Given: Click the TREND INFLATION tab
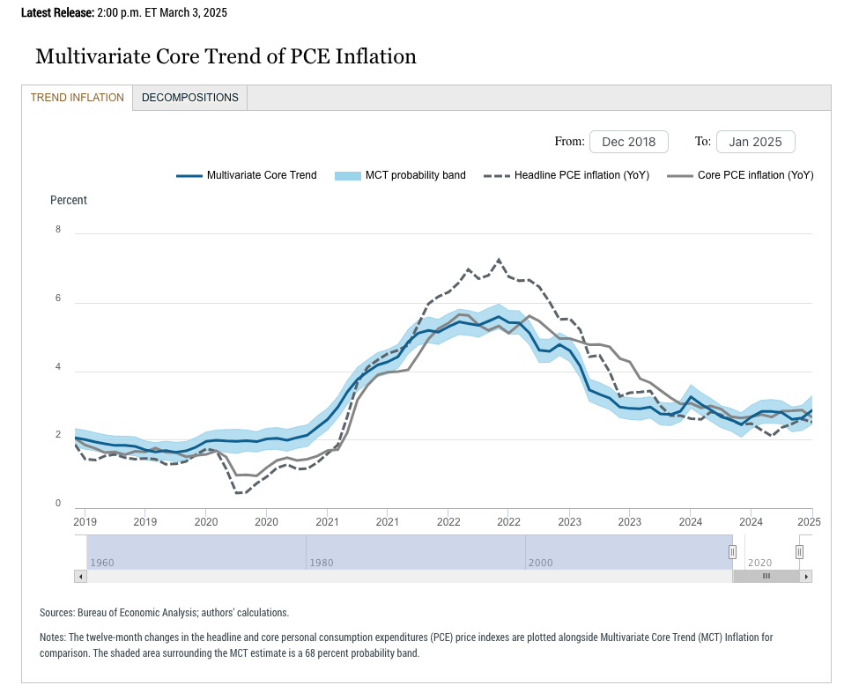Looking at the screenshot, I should (x=78, y=98).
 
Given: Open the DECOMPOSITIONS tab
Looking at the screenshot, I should (x=189, y=98).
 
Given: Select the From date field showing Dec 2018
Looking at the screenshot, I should (x=628, y=142).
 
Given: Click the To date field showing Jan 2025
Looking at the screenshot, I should (x=755, y=142).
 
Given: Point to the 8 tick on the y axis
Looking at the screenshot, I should (x=58, y=230).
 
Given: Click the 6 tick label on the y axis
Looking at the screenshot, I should (x=58, y=298).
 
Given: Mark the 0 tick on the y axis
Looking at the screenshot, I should (x=58, y=504).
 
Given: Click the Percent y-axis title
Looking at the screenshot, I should (x=69, y=201).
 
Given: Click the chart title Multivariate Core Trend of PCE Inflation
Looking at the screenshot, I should (x=226, y=56).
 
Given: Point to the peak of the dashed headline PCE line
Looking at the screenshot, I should (x=500, y=260).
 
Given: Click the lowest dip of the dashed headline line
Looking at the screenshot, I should (x=238, y=492).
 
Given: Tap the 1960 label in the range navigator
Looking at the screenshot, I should (x=102, y=562).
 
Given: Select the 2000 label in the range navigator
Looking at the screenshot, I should (x=540, y=562).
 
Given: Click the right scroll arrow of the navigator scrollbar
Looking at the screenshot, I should (x=805, y=576).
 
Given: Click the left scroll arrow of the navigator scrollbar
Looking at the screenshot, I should (x=81, y=576).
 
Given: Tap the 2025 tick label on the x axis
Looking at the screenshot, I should (x=809, y=522).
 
